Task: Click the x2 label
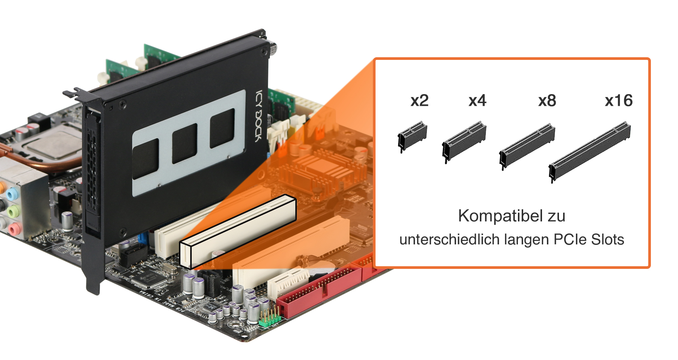[419, 101]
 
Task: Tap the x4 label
[477, 101]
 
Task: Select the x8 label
[547, 101]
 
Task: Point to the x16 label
[618, 101]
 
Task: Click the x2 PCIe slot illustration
[412, 136]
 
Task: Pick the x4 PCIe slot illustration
[464, 141]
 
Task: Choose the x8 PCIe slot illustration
[527, 146]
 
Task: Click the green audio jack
[14, 211]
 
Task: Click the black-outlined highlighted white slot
[238, 230]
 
